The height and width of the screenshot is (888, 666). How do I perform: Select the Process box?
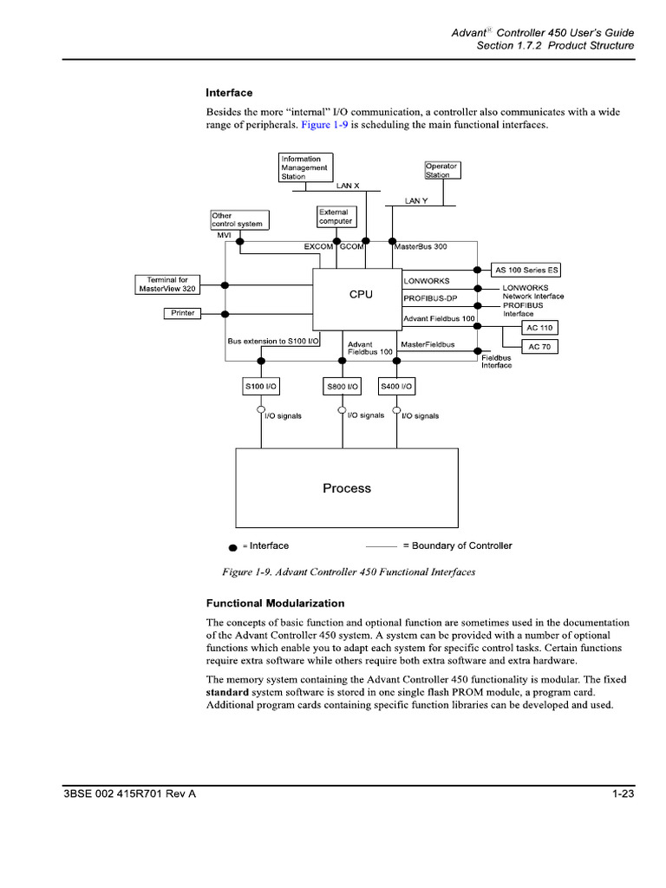(347, 488)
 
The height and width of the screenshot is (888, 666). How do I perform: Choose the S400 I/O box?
(396, 386)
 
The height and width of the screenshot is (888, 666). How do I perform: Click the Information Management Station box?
(305, 167)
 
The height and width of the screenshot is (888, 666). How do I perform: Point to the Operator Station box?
(441, 170)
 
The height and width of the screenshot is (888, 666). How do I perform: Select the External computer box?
(336, 217)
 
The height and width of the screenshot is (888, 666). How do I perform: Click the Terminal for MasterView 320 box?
(168, 284)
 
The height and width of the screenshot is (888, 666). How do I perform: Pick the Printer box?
(183, 313)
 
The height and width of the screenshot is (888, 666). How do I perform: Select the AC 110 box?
(539, 328)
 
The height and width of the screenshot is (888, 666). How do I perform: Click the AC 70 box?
(539, 347)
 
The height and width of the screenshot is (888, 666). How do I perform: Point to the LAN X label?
(348, 186)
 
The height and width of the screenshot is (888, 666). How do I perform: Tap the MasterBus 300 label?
(421, 247)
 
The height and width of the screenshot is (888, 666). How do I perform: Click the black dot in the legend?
(232, 548)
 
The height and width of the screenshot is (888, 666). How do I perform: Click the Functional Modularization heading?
(275, 603)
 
